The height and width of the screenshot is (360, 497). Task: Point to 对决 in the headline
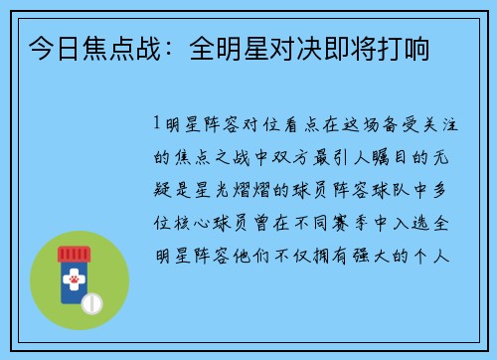pos(286,47)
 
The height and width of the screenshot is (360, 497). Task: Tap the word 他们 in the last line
pos(284,254)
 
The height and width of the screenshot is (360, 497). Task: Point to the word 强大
pos(393,254)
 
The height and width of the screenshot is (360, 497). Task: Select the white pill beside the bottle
pos(91,301)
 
